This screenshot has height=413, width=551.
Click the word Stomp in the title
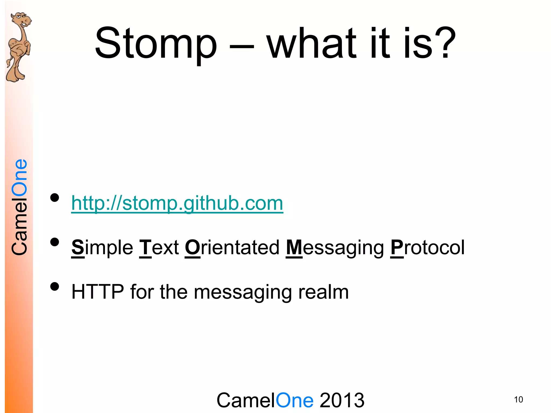[156, 43]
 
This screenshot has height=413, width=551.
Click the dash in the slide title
[242, 46]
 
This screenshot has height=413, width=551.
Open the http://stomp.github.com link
[177, 203]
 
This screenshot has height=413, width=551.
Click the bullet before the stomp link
[55, 198]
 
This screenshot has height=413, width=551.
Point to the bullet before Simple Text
[55, 242]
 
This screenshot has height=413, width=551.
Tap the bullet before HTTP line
[55, 287]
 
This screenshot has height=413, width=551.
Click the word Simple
[102, 247]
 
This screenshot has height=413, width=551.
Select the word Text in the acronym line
[159, 247]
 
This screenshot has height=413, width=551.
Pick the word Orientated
[232, 247]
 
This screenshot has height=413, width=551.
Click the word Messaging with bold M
[335, 247]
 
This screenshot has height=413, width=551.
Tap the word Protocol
[428, 247]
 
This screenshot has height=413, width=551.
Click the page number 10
[518, 400]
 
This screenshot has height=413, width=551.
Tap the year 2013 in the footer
[342, 400]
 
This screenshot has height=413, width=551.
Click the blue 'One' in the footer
[295, 400]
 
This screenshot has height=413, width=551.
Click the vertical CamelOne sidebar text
[20, 207]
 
